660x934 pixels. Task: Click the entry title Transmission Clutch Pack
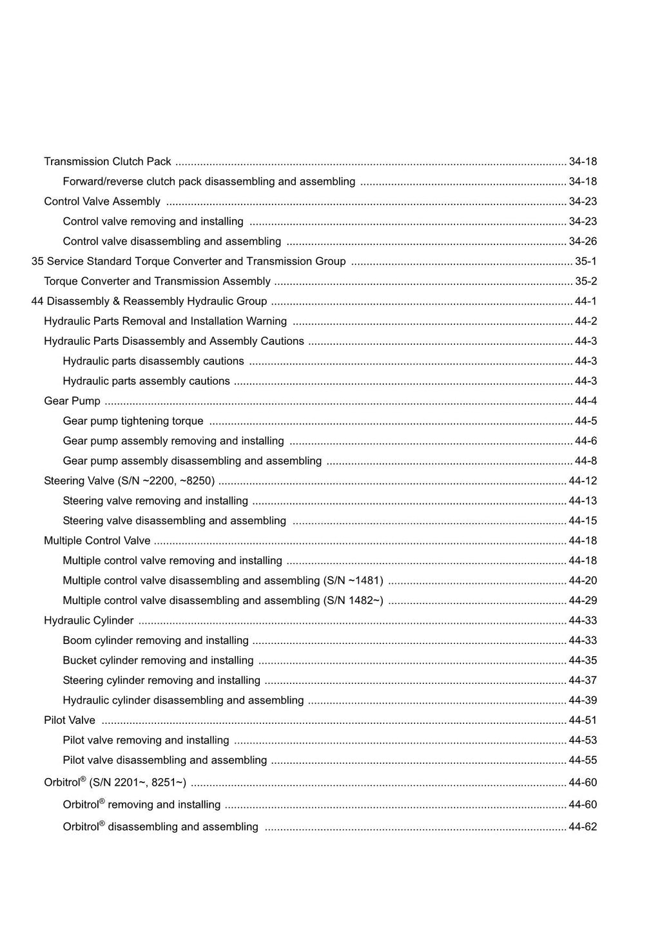coord(108,162)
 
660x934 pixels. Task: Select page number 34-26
coord(583,242)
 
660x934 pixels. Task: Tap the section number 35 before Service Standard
coord(37,262)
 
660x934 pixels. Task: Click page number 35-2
coord(586,282)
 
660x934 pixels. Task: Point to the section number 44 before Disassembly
coord(37,302)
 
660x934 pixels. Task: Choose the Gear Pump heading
coord(72,402)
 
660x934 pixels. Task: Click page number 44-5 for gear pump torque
coord(586,422)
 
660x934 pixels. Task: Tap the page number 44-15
coord(583,521)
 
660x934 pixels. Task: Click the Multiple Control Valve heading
coord(97,541)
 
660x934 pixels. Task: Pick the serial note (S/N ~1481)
coord(353,581)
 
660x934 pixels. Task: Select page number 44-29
coord(583,601)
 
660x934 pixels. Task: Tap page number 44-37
coord(583,681)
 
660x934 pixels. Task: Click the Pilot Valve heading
coord(70,721)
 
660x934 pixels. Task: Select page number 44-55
coord(583,761)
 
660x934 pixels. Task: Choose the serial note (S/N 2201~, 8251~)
coord(138,783)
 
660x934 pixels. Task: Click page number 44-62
coord(583,827)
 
